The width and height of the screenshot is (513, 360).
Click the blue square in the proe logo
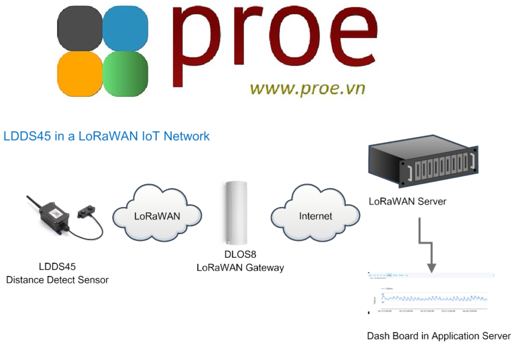tap(125, 28)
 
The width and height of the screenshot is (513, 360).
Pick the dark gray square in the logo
tap(80, 28)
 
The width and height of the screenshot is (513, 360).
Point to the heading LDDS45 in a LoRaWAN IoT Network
tap(106, 136)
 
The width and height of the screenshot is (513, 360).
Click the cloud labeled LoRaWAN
tap(157, 215)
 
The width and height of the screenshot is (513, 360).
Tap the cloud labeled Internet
tap(316, 216)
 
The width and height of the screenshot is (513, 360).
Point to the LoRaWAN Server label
tap(407, 202)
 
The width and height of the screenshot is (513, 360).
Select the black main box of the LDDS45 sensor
tap(54, 216)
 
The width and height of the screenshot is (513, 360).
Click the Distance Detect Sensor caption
tap(57, 279)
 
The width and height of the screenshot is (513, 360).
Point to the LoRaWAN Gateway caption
tap(240, 268)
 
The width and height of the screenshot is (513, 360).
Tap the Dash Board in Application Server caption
tap(439, 336)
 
